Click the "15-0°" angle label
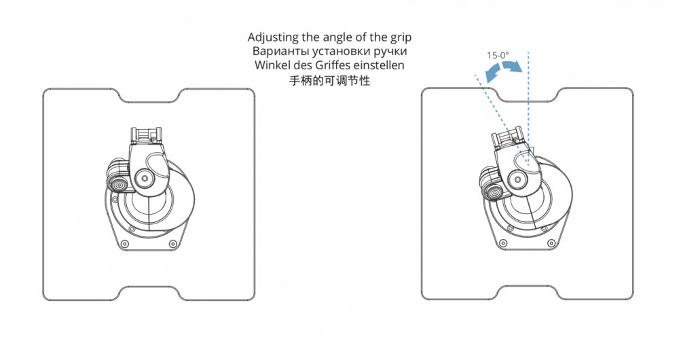498,56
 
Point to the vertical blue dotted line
528,108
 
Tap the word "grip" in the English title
401,38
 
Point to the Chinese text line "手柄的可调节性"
329,80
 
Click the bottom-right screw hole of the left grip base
172,244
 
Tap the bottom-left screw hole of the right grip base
502,242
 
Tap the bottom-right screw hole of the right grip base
551,244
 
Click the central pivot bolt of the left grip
143,177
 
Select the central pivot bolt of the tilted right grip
517,178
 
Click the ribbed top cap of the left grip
147,135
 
